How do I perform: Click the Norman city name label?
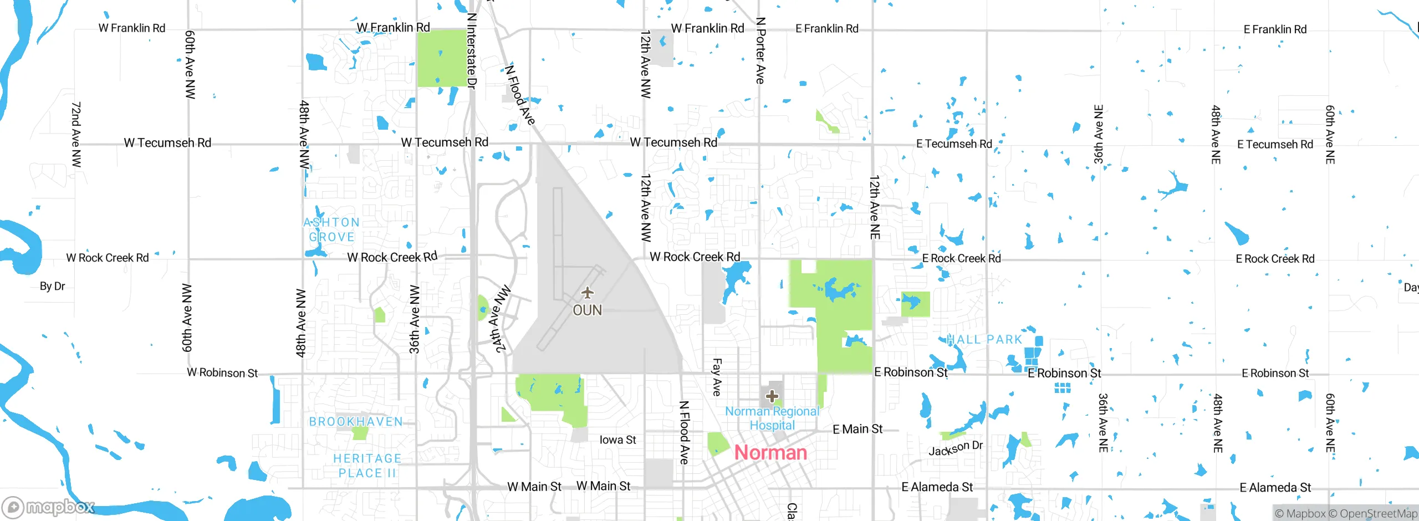[x=770, y=453]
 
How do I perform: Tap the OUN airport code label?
[x=587, y=310]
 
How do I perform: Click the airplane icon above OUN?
[x=587, y=293]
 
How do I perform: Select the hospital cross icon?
[x=772, y=396]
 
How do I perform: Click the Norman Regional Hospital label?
[x=772, y=418]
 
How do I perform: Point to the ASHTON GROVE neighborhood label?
[x=331, y=229]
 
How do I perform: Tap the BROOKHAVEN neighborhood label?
[x=356, y=422]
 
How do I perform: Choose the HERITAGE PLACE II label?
[x=366, y=466]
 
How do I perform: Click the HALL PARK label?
[x=984, y=340]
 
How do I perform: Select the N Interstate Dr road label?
[x=472, y=51]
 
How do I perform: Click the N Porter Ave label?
[x=760, y=51]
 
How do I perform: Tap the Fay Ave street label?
[x=716, y=377]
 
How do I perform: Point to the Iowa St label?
[x=617, y=440]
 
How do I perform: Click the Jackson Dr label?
[x=955, y=448]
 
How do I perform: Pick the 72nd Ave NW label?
[x=76, y=134]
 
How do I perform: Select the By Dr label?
[x=52, y=287]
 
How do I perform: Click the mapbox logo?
[x=49, y=507]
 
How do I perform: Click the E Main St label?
[x=857, y=429]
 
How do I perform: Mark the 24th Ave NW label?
[x=501, y=320]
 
